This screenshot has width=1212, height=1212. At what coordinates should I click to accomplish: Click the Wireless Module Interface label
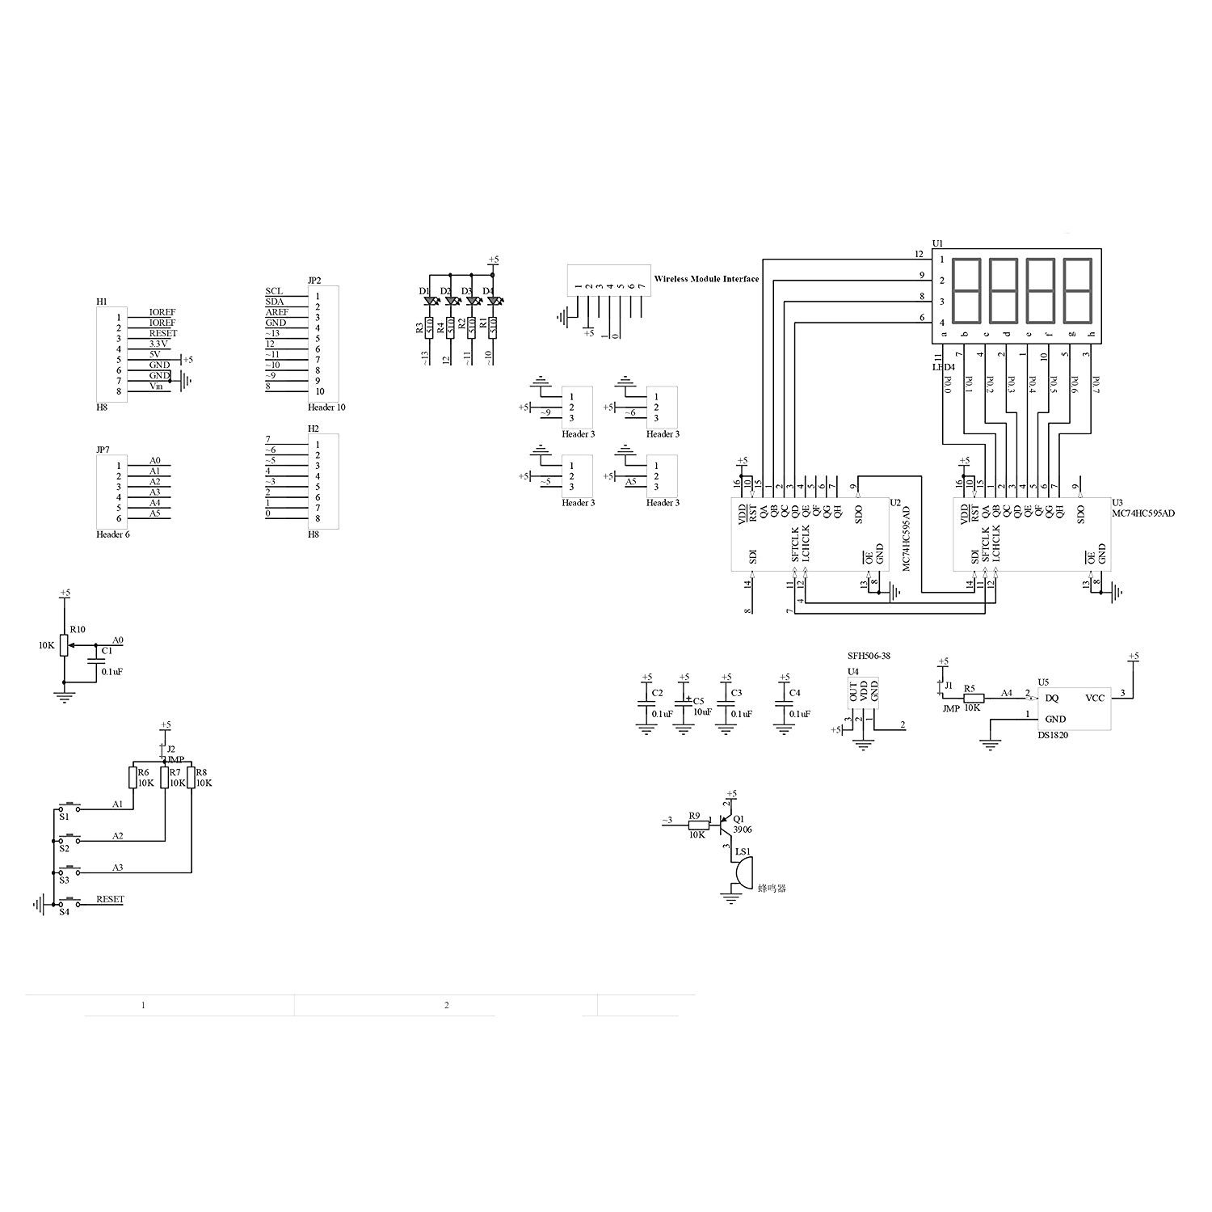coord(706,279)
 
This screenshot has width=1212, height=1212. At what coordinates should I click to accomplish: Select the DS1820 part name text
coord(1053,735)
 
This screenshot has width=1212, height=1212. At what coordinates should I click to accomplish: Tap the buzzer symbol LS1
coord(742,872)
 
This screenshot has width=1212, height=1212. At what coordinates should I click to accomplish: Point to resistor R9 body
coord(695,825)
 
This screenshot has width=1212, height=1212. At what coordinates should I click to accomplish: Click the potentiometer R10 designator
coord(78,629)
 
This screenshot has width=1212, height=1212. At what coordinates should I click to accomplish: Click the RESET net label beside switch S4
coord(110,899)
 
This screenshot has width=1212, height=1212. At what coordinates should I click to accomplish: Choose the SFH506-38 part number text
coord(869,656)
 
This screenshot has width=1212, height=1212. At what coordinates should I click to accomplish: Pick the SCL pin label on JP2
coord(274,291)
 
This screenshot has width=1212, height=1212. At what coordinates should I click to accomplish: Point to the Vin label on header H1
coord(156,386)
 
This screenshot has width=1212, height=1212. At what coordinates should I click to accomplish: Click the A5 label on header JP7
coord(154,513)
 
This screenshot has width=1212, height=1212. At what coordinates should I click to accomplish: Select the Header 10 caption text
coord(326,408)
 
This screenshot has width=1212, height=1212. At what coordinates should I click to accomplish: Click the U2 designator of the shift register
coord(895,502)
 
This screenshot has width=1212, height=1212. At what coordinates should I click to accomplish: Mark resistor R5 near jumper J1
coord(974,699)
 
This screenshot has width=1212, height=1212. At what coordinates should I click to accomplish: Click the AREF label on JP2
coord(277,312)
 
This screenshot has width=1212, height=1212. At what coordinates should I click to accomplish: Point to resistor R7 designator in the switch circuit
coord(175,772)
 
